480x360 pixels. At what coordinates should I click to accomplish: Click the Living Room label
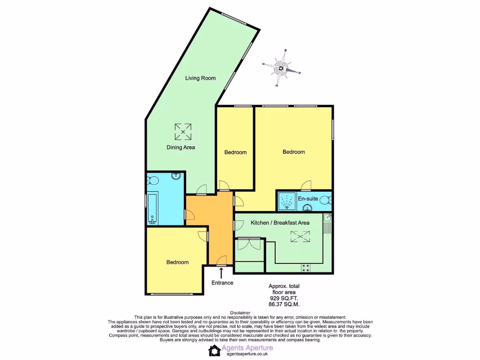(200, 78)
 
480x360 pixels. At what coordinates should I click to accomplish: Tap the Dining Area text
(181, 147)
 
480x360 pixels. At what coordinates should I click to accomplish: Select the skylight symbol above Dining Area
(183, 131)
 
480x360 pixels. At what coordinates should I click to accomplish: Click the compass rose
(281, 68)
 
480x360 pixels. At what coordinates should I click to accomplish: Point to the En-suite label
(308, 199)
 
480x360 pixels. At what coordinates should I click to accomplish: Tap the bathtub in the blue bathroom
(152, 209)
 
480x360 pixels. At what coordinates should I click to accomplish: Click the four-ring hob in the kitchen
(306, 268)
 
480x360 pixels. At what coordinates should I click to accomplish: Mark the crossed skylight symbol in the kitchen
(300, 237)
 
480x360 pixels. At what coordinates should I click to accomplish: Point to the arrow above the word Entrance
(221, 273)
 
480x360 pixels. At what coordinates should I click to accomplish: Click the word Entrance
(222, 283)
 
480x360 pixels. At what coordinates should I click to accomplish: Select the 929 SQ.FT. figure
(284, 298)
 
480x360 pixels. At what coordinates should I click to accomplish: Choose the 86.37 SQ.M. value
(284, 304)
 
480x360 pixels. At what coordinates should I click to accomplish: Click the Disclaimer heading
(240, 313)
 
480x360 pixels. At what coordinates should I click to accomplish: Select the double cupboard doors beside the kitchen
(248, 244)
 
